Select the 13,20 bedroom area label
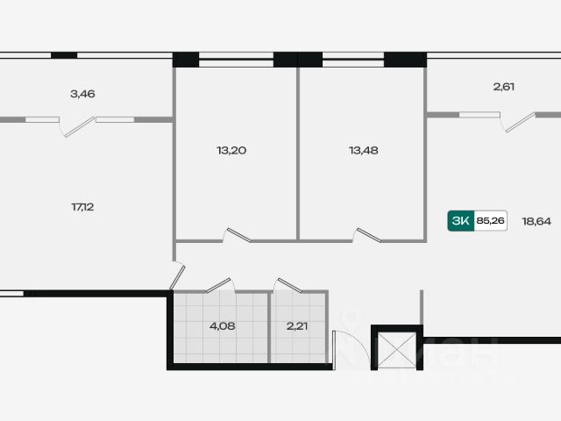coord(231,150)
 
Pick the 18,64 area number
coord(536,222)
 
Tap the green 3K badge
coord(459,222)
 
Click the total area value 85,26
coord(490,222)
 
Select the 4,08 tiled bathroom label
coord(221,326)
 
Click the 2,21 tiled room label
coord(298,326)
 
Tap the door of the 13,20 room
coord(238,235)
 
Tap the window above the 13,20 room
coord(236,61)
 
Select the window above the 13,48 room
coord(352,61)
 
